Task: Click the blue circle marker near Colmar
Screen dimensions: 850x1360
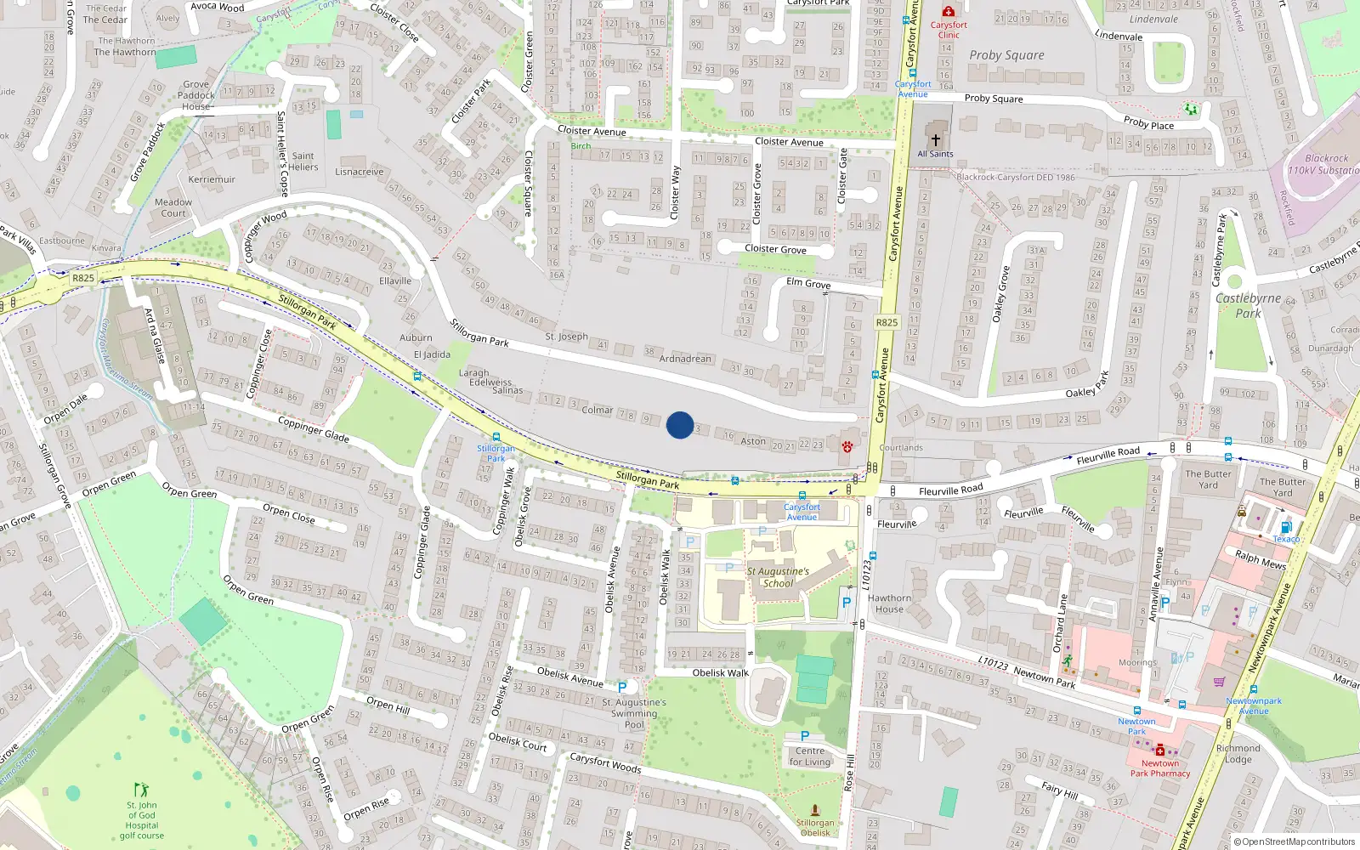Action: pyautogui.click(x=680, y=425)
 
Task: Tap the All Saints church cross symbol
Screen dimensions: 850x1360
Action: pyautogui.click(x=935, y=140)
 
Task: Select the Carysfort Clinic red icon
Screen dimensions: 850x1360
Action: pyautogui.click(x=949, y=12)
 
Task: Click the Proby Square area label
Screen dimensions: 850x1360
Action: pyautogui.click(x=1006, y=55)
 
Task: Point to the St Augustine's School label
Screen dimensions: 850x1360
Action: pyautogui.click(x=778, y=577)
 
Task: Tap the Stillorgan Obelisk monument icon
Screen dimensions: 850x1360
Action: pyautogui.click(x=815, y=810)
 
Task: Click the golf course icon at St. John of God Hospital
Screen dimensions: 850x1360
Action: pyautogui.click(x=141, y=790)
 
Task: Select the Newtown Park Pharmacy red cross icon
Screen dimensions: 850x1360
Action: pyautogui.click(x=1159, y=750)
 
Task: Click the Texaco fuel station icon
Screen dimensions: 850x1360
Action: pyautogui.click(x=1286, y=527)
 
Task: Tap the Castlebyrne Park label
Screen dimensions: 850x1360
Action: pyautogui.click(x=1248, y=305)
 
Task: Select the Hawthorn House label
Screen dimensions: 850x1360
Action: pyautogui.click(x=889, y=603)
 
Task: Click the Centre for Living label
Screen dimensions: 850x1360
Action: pyautogui.click(x=810, y=756)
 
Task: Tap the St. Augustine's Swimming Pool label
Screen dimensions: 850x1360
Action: pyautogui.click(x=634, y=714)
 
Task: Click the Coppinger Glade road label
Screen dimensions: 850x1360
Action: pyautogui.click(x=314, y=429)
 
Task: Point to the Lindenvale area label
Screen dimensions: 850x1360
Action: pyautogui.click(x=1153, y=19)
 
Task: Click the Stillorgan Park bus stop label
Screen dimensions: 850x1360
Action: pyautogui.click(x=496, y=453)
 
